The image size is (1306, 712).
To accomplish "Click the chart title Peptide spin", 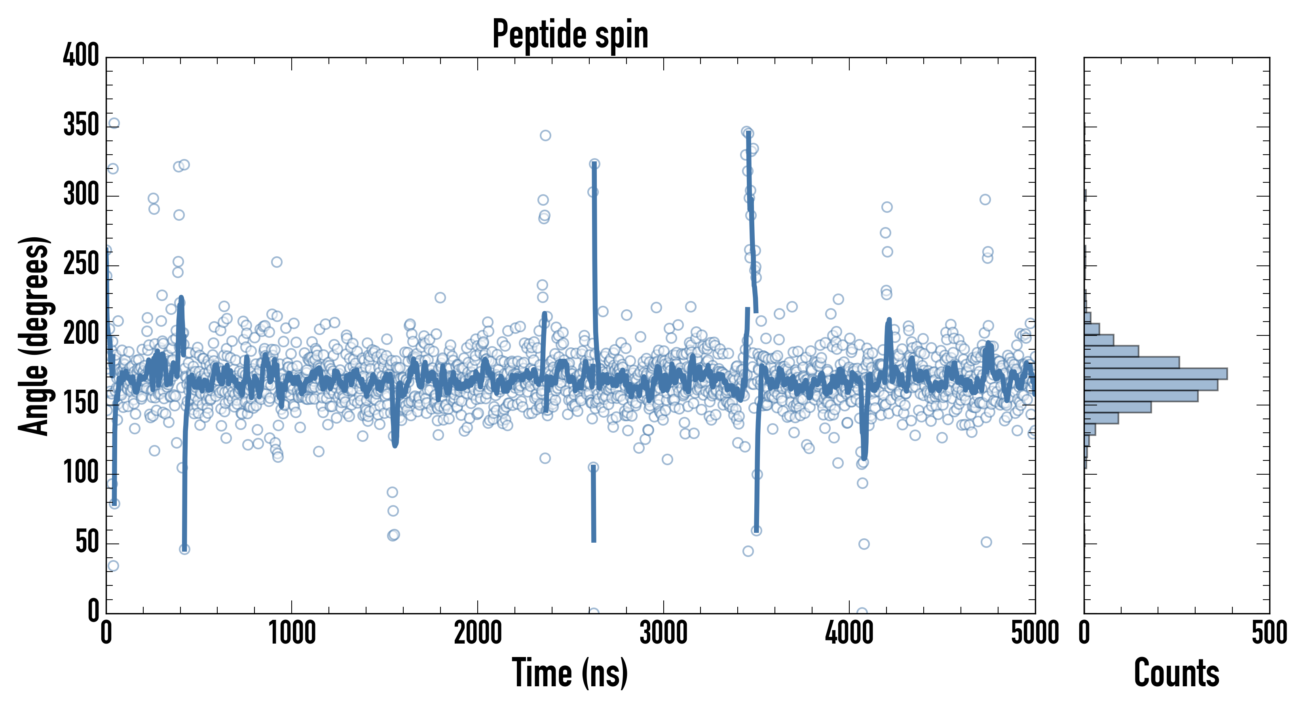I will tap(570, 34).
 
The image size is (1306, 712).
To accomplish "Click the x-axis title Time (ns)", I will tap(570, 673).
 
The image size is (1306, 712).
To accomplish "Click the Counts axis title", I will tap(1176, 673).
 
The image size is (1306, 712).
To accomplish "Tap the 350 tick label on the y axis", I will tap(81, 125).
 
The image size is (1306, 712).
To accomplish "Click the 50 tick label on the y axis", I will tap(87, 542).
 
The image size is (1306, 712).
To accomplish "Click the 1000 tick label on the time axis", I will tap(292, 633).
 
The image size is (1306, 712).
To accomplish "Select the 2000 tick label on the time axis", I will tap(478, 633).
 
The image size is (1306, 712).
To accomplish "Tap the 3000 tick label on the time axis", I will tap(663, 633).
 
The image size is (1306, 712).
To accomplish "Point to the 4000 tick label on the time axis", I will tap(849, 633).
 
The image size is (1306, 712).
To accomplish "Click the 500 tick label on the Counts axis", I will tap(1269, 633).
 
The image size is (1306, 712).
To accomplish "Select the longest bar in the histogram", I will tap(1156, 374).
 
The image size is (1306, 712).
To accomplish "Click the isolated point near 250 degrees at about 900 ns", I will tap(276, 262).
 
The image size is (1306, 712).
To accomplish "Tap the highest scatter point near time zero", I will tap(114, 123).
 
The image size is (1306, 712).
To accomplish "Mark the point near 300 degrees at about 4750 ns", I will tap(985, 200).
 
